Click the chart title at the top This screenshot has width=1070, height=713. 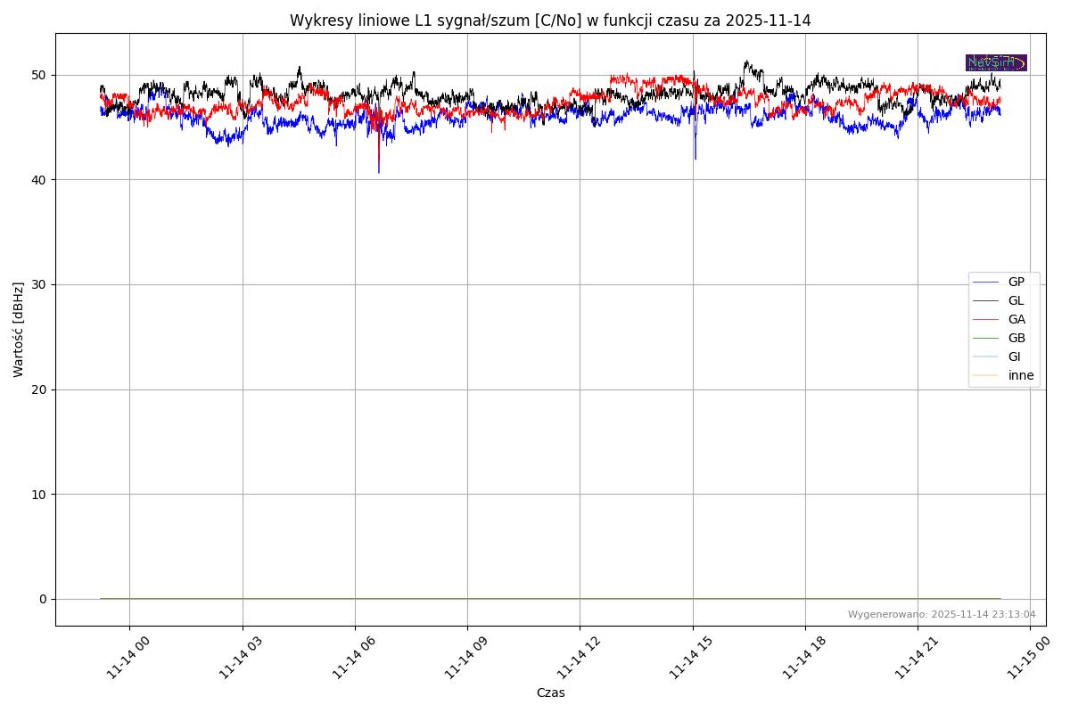550,20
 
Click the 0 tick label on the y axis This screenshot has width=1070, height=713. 42,599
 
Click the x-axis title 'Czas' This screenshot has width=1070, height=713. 550,693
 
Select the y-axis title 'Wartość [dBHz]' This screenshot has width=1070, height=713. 19,330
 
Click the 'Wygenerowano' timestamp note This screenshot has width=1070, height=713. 942,614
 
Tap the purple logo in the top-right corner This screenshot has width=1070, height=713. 996,62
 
